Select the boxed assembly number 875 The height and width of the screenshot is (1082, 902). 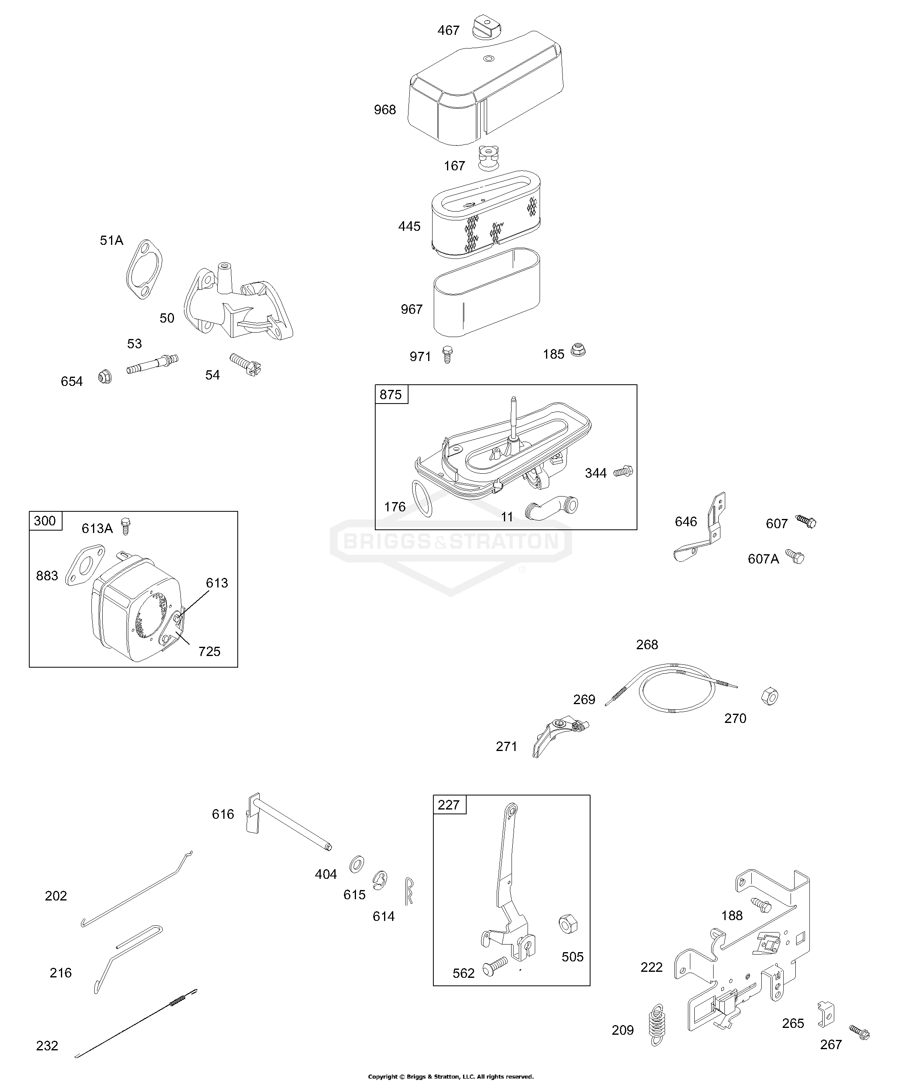pyautogui.click(x=391, y=395)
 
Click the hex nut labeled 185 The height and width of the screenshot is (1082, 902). pyautogui.click(x=578, y=351)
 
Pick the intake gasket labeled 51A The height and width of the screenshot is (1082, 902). pyautogui.click(x=144, y=269)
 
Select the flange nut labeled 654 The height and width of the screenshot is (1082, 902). pyautogui.click(x=105, y=377)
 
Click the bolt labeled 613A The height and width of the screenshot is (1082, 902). pyautogui.click(x=125, y=526)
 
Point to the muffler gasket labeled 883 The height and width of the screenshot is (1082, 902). pyautogui.click(x=85, y=565)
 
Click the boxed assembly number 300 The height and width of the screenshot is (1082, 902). pyautogui.click(x=45, y=521)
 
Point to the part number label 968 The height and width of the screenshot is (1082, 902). pyautogui.click(x=385, y=110)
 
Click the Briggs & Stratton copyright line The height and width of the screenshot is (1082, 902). pyautogui.click(x=451, y=1076)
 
